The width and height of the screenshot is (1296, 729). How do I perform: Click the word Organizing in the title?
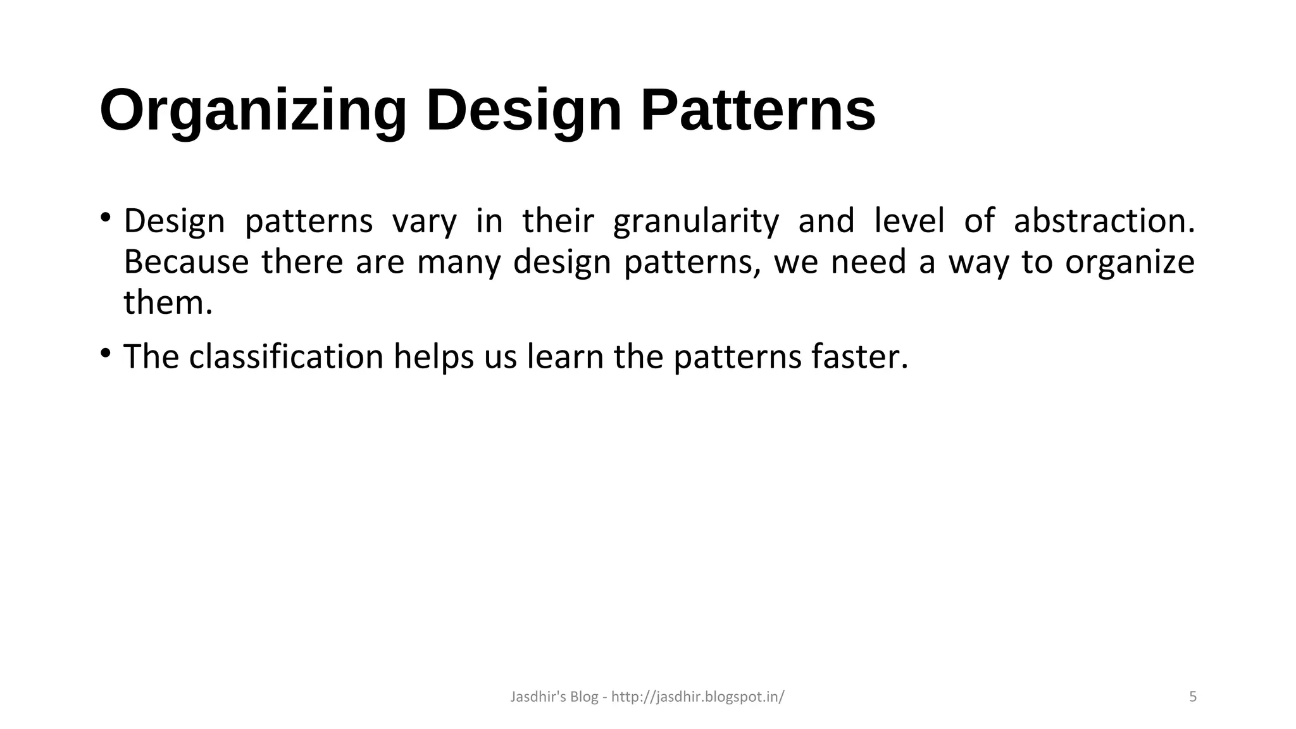(x=253, y=111)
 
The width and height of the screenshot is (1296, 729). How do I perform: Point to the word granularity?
(x=696, y=221)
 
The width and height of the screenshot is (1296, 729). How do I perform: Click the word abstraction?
(x=1104, y=221)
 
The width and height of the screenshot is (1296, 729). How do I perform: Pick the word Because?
(x=186, y=262)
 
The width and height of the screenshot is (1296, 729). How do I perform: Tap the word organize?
(x=1130, y=262)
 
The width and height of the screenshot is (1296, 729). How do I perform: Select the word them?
(x=168, y=302)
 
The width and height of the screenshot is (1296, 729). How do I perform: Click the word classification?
(x=286, y=357)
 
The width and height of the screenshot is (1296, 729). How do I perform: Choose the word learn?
(x=565, y=357)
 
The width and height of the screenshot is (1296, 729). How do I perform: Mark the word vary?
(x=424, y=221)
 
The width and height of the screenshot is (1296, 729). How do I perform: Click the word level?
(x=909, y=221)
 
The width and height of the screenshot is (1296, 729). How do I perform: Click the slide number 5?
(x=1193, y=697)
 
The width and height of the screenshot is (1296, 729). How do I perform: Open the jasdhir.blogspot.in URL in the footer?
(x=697, y=697)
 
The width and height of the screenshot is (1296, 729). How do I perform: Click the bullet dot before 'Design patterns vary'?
(x=105, y=218)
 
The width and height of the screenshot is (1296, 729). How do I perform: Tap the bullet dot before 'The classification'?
(x=105, y=352)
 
